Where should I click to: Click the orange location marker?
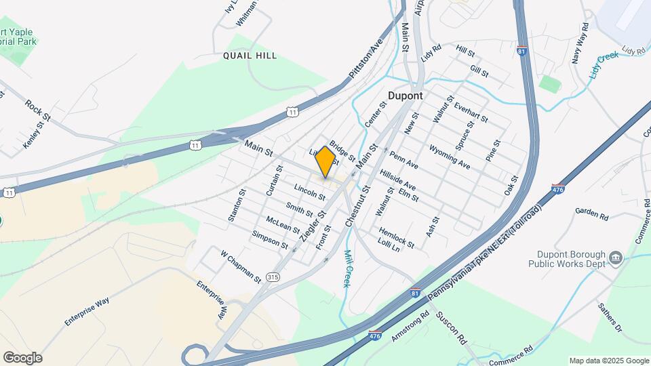tap(325, 161)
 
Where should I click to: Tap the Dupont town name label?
tap(406, 96)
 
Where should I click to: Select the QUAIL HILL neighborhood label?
tap(250, 56)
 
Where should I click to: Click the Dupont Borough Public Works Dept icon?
tap(615, 258)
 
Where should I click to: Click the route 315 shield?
tap(273, 277)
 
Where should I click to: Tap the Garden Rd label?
tap(592, 214)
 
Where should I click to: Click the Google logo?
tap(22, 358)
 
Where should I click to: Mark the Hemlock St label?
tap(397, 237)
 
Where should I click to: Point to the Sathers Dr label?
tap(609, 317)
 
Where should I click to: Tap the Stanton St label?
tap(235, 209)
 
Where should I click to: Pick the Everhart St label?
tap(471, 113)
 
